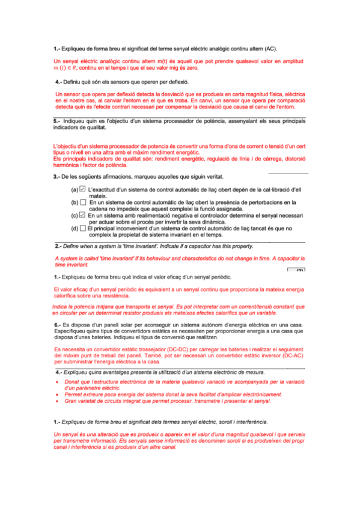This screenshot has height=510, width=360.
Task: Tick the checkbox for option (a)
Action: pyautogui.click(x=82, y=190)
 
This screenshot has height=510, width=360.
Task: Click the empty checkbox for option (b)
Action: pyautogui.click(x=82, y=203)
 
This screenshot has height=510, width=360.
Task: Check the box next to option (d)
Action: pyautogui.click(x=82, y=228)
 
